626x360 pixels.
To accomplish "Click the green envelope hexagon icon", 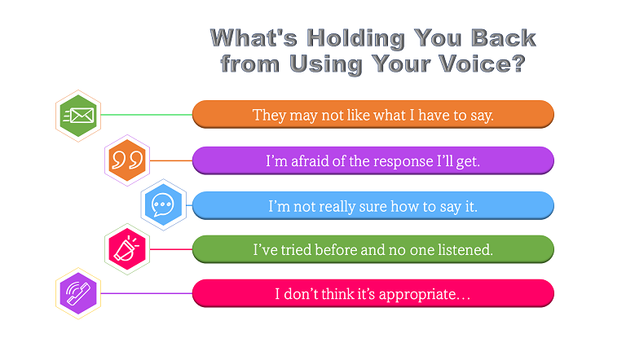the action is [78, 116].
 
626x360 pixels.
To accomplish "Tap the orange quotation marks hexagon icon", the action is [127, 160].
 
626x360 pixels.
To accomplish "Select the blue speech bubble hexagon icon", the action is [163, 204].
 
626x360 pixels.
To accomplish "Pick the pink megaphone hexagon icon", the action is [127, 249].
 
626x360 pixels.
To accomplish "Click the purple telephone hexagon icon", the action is [78, 294].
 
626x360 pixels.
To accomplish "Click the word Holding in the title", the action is [355, 39].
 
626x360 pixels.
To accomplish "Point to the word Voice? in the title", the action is [482, 64].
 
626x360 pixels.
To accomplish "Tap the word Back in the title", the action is [504, 38].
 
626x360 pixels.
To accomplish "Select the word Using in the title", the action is [325, 64].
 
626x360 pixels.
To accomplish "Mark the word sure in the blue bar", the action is [373, 207].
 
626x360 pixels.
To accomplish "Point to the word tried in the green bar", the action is [296, 250].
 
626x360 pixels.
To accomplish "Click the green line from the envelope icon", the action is [147, 115].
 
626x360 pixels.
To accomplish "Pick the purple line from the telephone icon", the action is [147, 294].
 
